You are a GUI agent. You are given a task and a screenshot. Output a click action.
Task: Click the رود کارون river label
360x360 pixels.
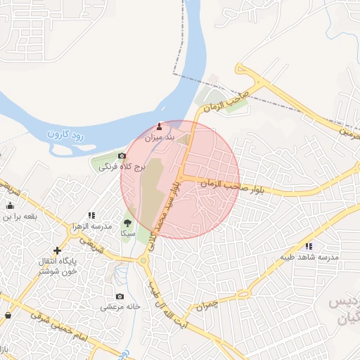point(67,131)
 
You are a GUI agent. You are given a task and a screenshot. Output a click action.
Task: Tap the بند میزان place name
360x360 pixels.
point(158,138)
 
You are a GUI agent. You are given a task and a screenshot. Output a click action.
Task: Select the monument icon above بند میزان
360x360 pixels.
point(158,127)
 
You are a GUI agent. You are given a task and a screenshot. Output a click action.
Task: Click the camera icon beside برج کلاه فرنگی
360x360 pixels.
point(122,155)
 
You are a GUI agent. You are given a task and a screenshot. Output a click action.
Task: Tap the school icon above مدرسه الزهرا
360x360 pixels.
point(91,215)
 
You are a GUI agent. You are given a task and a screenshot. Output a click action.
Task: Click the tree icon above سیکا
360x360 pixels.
point(127,222)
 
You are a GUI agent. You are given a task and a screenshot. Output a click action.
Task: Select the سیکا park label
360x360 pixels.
point(127,232)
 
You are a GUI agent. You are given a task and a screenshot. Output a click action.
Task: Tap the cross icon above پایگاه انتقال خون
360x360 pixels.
point(57,250)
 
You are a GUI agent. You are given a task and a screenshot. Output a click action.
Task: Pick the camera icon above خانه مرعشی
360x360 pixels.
point(120,296)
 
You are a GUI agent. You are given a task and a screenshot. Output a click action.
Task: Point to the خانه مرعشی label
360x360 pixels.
point(120,307)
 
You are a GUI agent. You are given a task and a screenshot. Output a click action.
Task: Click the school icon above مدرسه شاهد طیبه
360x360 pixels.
point(309,246)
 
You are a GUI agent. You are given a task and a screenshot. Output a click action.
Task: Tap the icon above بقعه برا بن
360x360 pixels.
point(10,205)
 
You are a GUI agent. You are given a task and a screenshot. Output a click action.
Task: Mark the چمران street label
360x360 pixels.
point(209,304)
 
